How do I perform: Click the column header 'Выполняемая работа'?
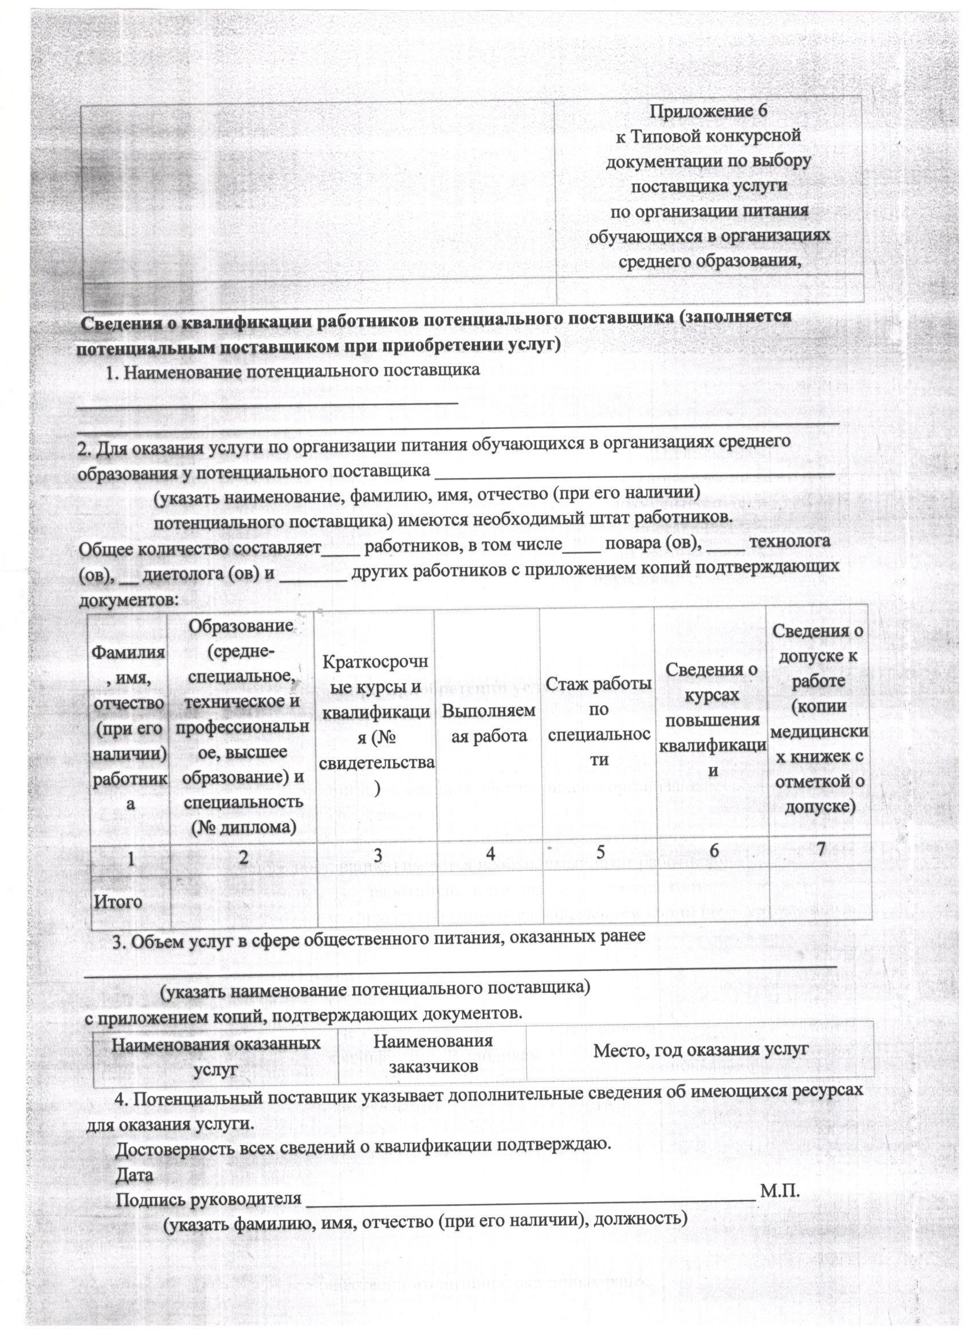pos(489,723)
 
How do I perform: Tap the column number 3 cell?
pos(377,855)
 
